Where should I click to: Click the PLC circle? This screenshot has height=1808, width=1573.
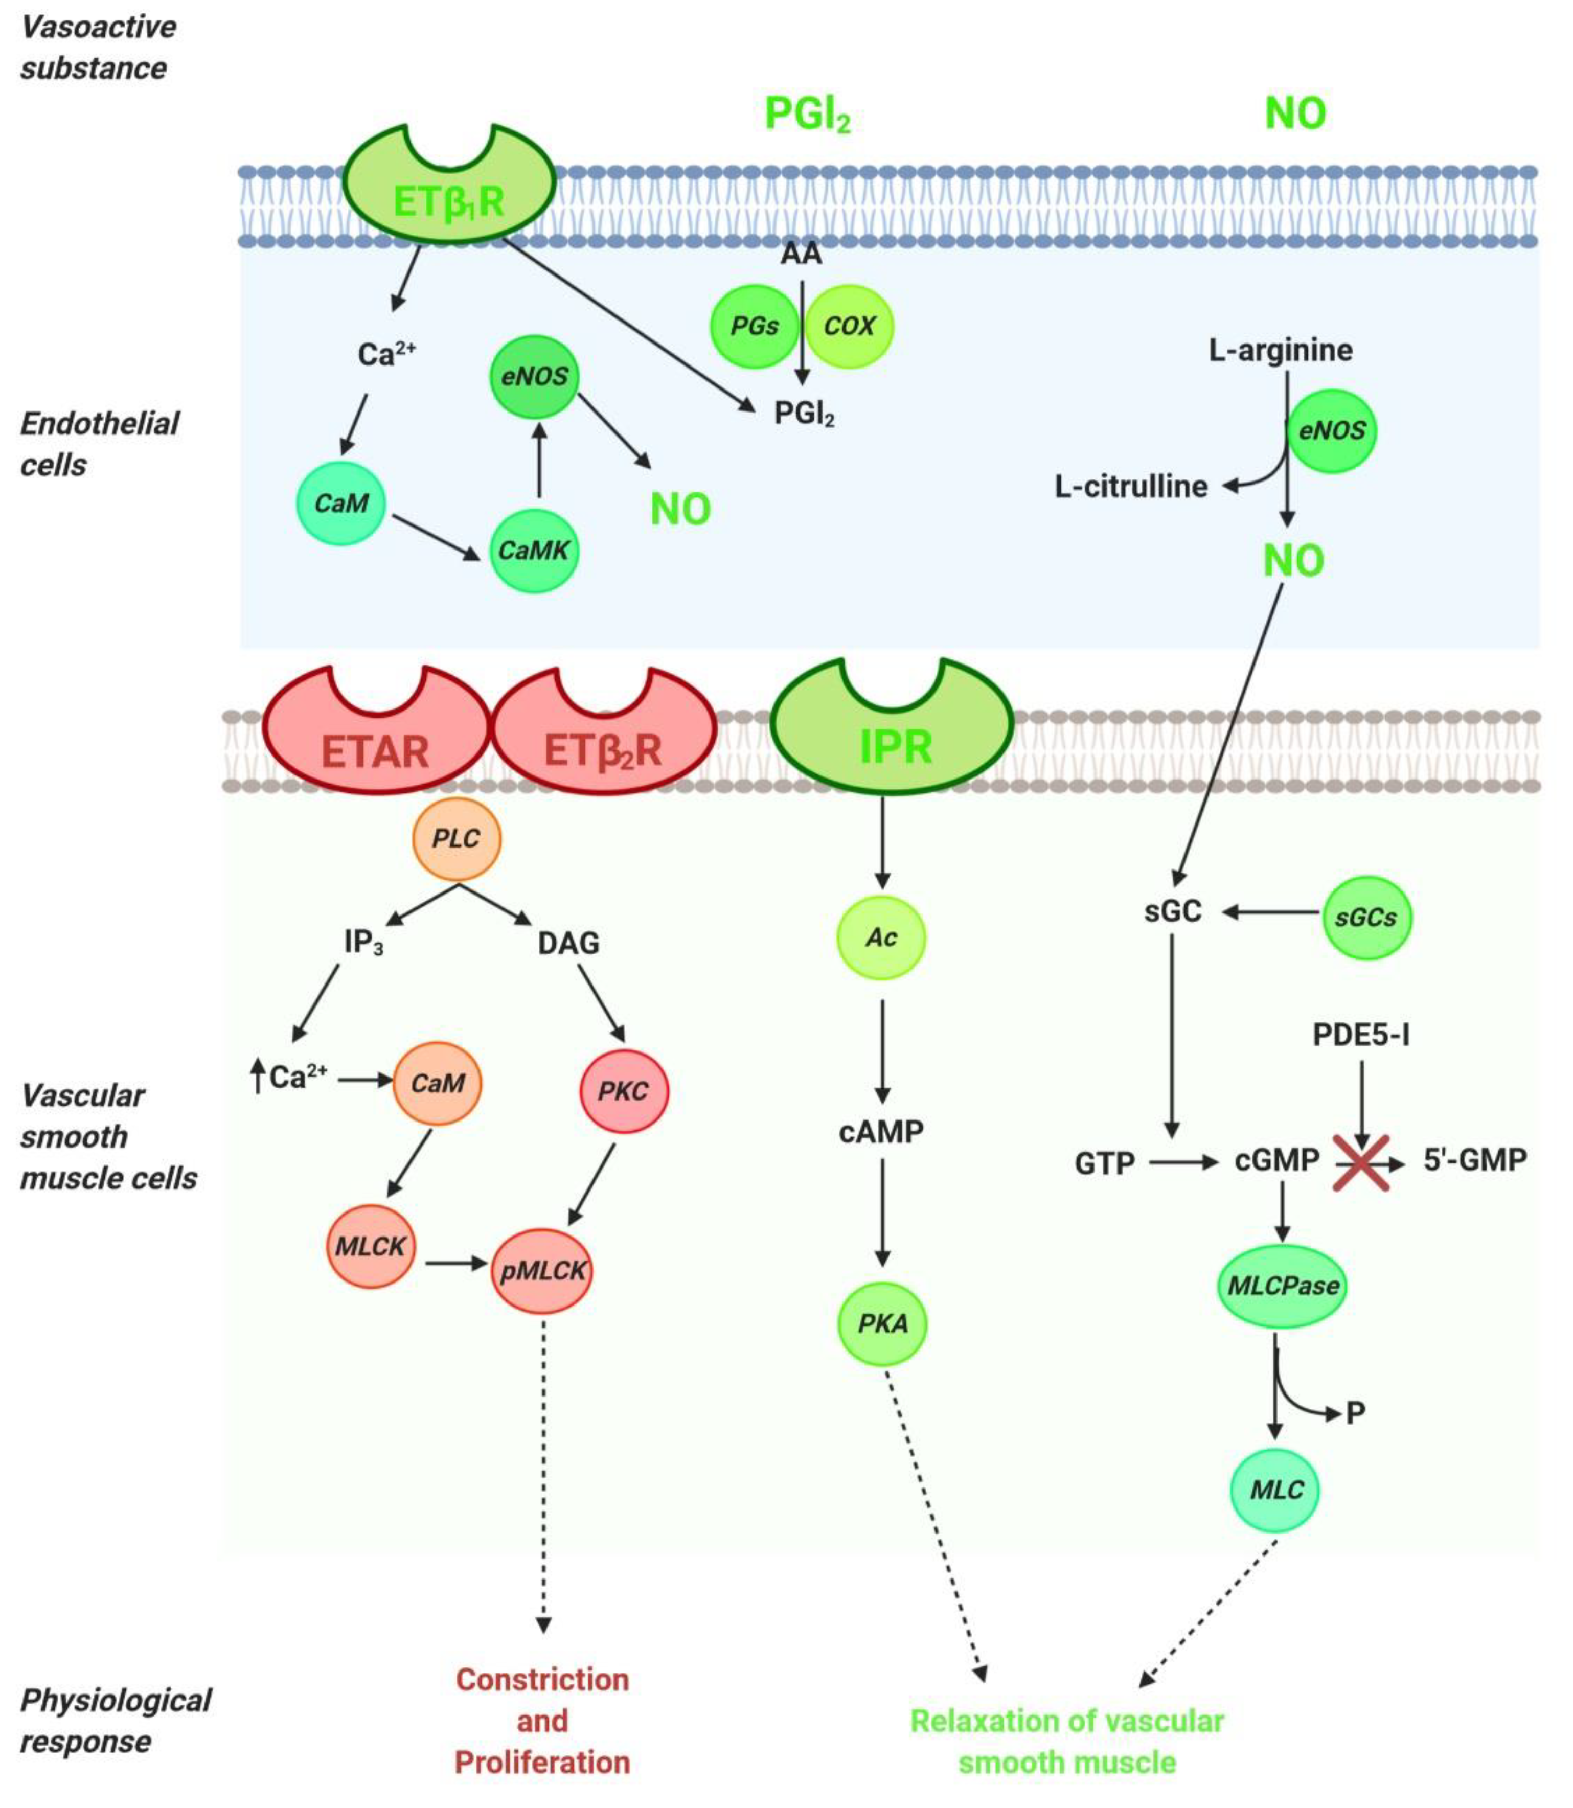coord(457,839)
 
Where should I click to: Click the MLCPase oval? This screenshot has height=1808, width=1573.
coord(1282,1286)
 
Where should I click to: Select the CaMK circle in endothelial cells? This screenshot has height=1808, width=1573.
coord(534,551)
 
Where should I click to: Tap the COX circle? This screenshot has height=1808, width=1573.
coord(849,326)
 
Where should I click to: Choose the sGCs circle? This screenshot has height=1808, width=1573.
coord(1366,917)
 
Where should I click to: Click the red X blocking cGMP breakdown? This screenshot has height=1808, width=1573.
coord(1360,1162)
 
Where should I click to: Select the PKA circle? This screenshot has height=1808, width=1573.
coord(882,1323)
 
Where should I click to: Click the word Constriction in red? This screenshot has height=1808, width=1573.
coord(542,1679)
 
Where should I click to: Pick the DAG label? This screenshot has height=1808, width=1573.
coord(569,944)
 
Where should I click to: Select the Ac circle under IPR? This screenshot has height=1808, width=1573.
coord(881,937)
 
